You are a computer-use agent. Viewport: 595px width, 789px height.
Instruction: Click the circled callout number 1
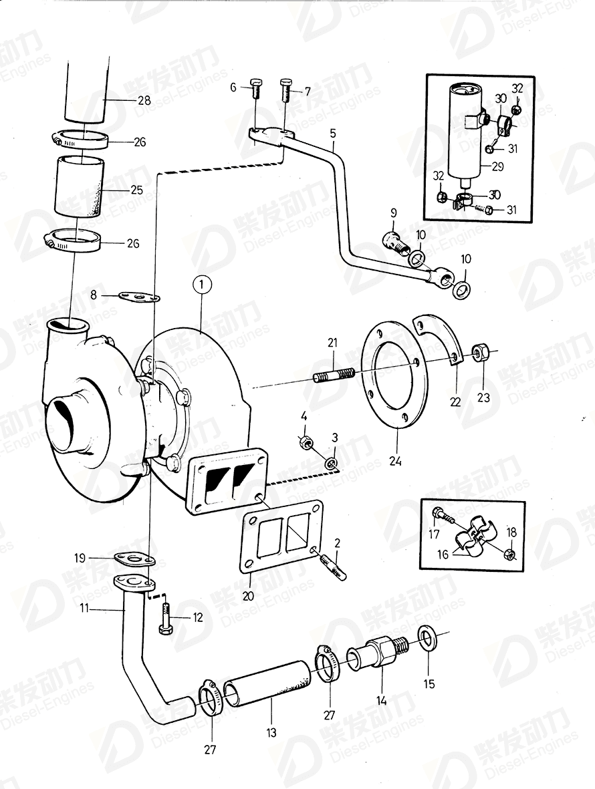pyautogui.click(x=202, y=285)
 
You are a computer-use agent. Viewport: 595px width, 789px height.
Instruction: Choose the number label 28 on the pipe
pyautogui.click(x=144, y=101)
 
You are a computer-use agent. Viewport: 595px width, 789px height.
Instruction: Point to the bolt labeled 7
pyautogui.click(x=285, y=88)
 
